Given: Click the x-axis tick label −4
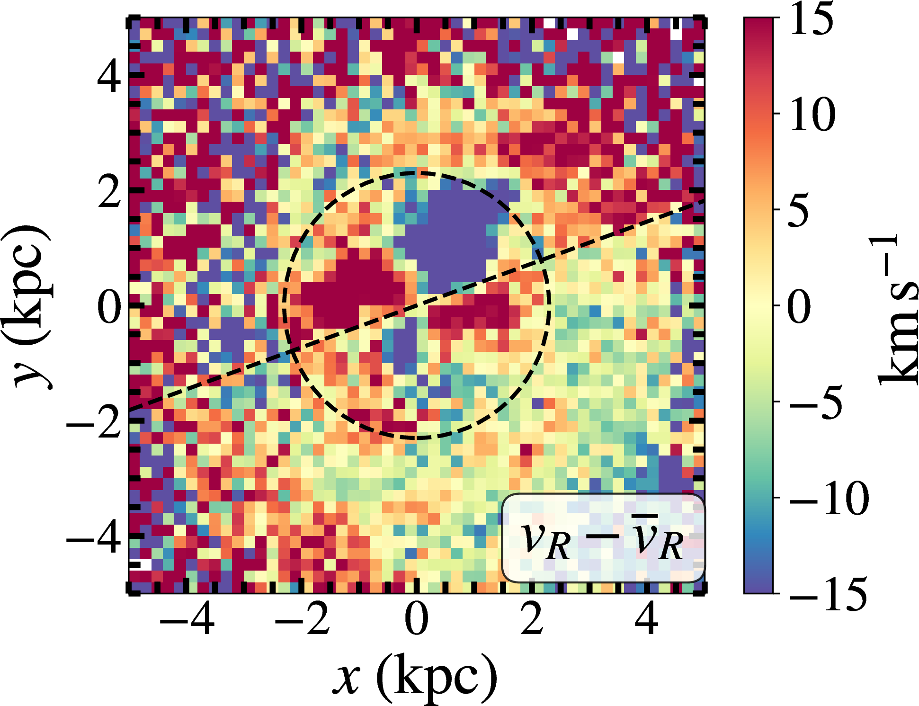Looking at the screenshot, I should [187, 619].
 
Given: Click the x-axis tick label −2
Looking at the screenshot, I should [302, 619].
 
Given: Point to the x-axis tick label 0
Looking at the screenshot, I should [417, 619].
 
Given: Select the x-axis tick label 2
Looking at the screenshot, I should [532, 619].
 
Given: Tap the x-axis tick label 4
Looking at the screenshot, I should [646, 619].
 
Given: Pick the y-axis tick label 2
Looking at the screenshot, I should [109, 191].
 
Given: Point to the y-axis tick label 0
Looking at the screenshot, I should [109, 307].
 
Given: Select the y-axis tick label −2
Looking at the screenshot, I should [94, 422].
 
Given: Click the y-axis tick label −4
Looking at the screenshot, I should [94, 537].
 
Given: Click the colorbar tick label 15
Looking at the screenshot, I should [812, 19].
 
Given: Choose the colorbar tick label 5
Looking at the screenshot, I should [799, 210].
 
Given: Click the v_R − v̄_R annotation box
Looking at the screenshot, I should [603, 538].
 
